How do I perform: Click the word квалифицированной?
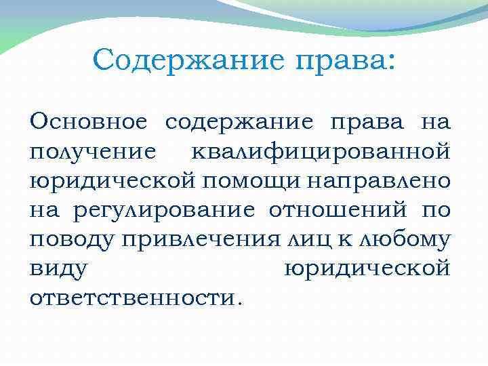click(319, 152)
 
